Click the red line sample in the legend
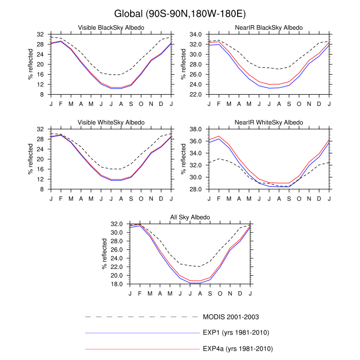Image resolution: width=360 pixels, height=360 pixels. [141, 349]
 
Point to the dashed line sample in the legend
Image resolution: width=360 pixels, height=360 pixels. [141, 317]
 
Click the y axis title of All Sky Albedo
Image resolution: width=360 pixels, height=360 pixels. [104, 255]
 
